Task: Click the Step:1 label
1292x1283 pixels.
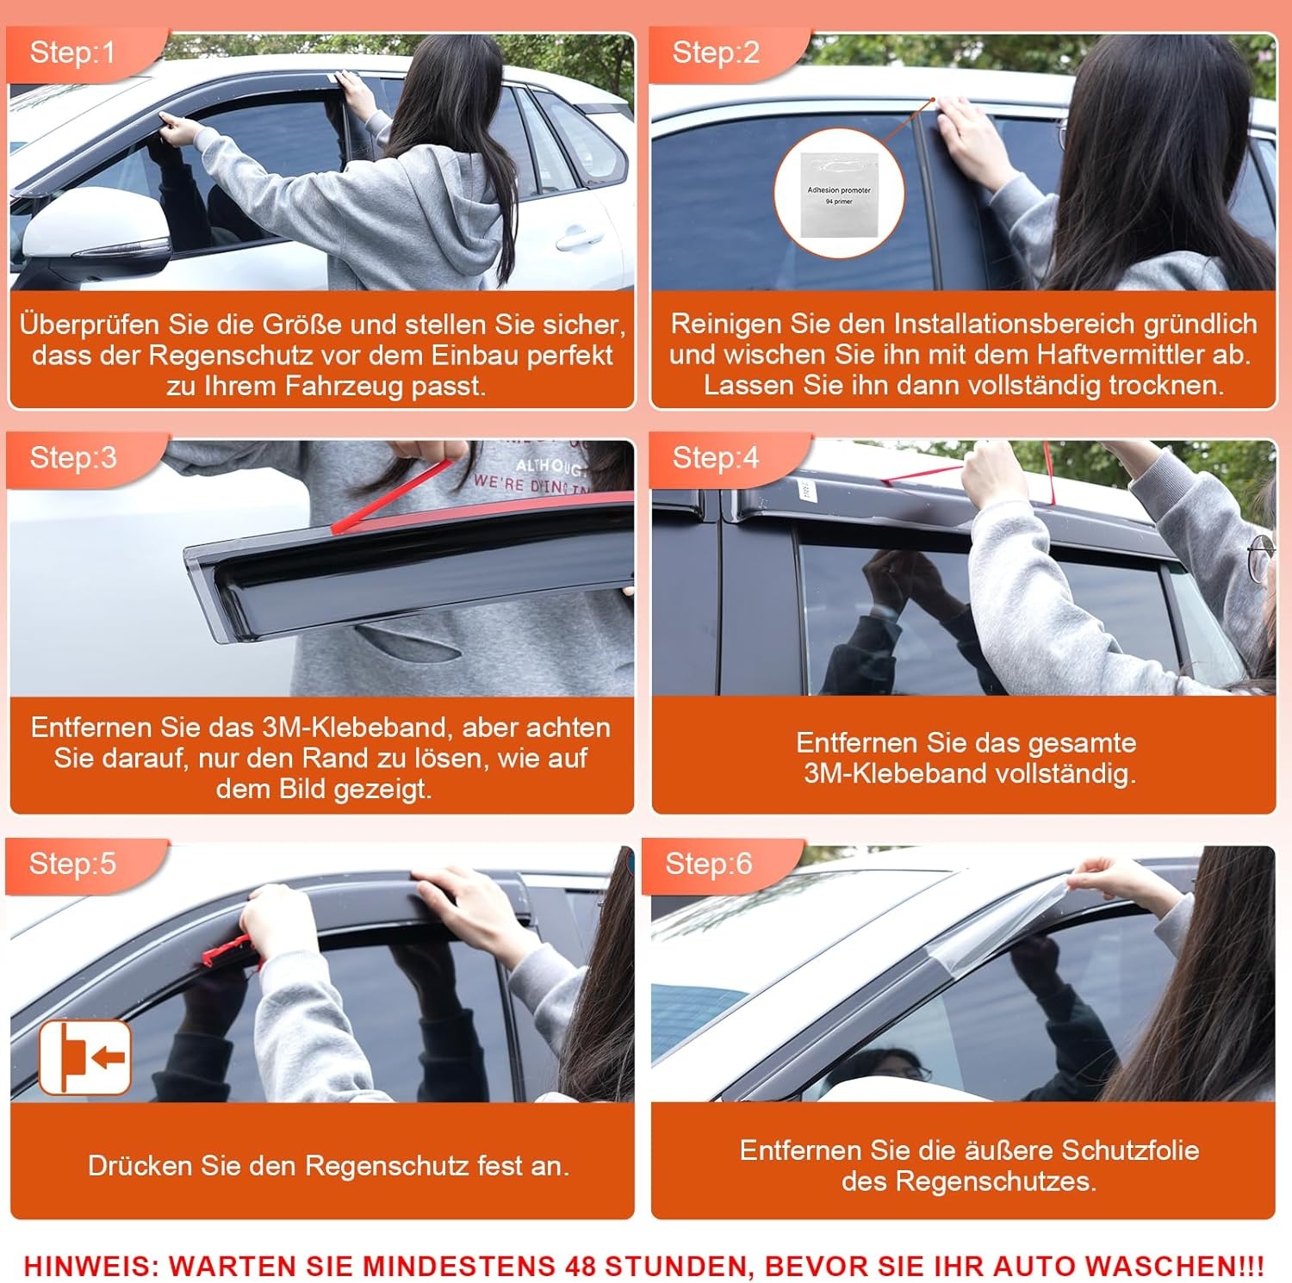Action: (x=72, y=53)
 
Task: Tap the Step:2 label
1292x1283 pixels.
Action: (x=716, y=53)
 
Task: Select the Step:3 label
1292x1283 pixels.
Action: (x=73, y=457)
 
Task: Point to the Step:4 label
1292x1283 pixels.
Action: (x=716, y=457)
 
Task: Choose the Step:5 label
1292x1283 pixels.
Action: (x=72, y=863)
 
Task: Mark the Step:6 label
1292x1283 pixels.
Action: (x=708, y=863)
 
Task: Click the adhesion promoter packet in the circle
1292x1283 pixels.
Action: (x=838, y=195)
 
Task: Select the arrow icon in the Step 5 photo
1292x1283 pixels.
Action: (x=85, y=1057)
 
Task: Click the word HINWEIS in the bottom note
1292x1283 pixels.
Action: (x=86, y=1266)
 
